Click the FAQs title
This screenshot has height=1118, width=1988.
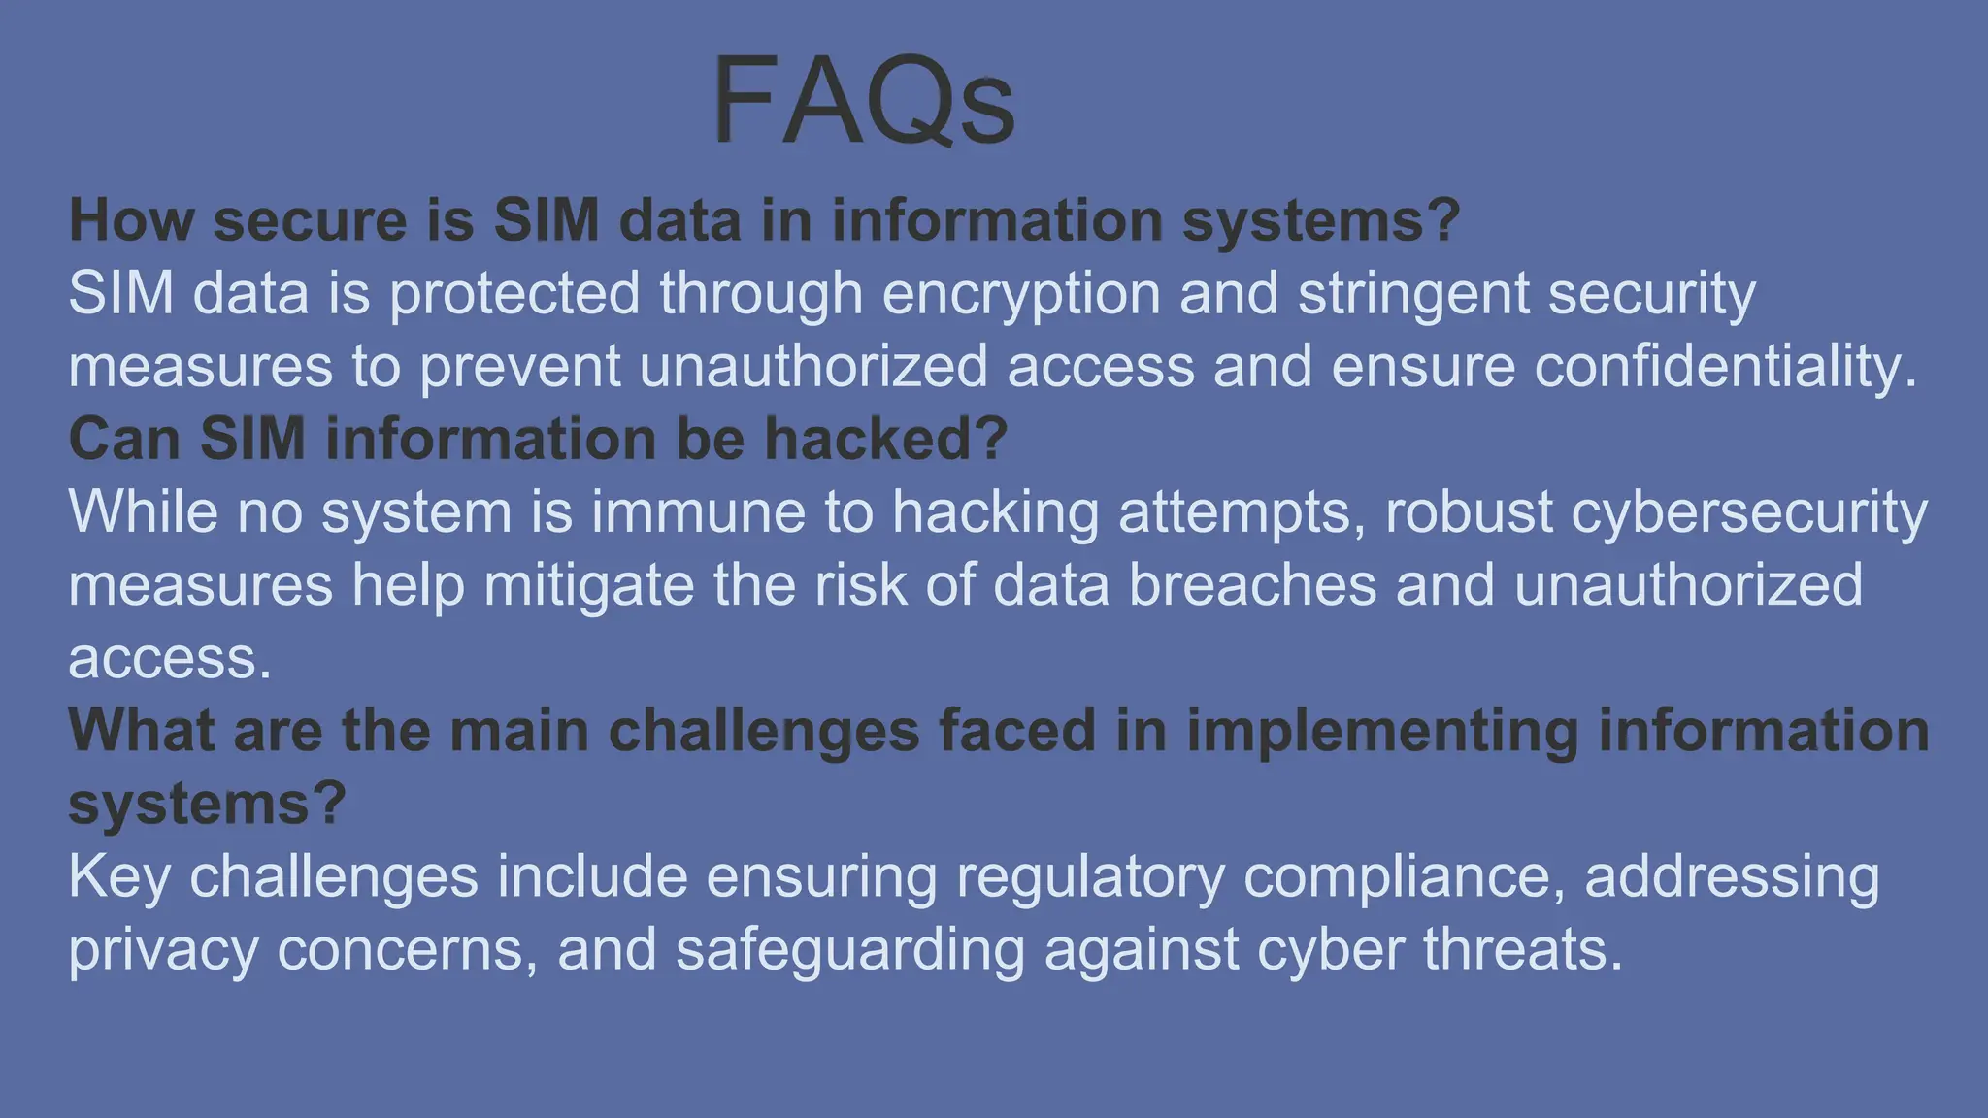[863, 102]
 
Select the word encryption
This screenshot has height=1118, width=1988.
[1021, 294]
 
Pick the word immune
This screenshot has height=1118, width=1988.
[698, 511]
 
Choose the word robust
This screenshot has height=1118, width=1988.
[1469, 511]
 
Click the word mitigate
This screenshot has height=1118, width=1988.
[588, 585]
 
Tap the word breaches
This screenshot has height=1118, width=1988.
[1252, 585]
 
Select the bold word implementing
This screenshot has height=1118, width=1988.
[1382, 731]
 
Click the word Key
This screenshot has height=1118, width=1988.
[119, 877]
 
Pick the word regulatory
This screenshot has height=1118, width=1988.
[1090, 877]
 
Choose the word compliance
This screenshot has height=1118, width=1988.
[1404, 877]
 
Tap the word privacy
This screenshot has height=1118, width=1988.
[163, 950]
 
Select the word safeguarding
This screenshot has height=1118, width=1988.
[850, 950]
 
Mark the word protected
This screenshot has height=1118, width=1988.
[514, 294]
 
